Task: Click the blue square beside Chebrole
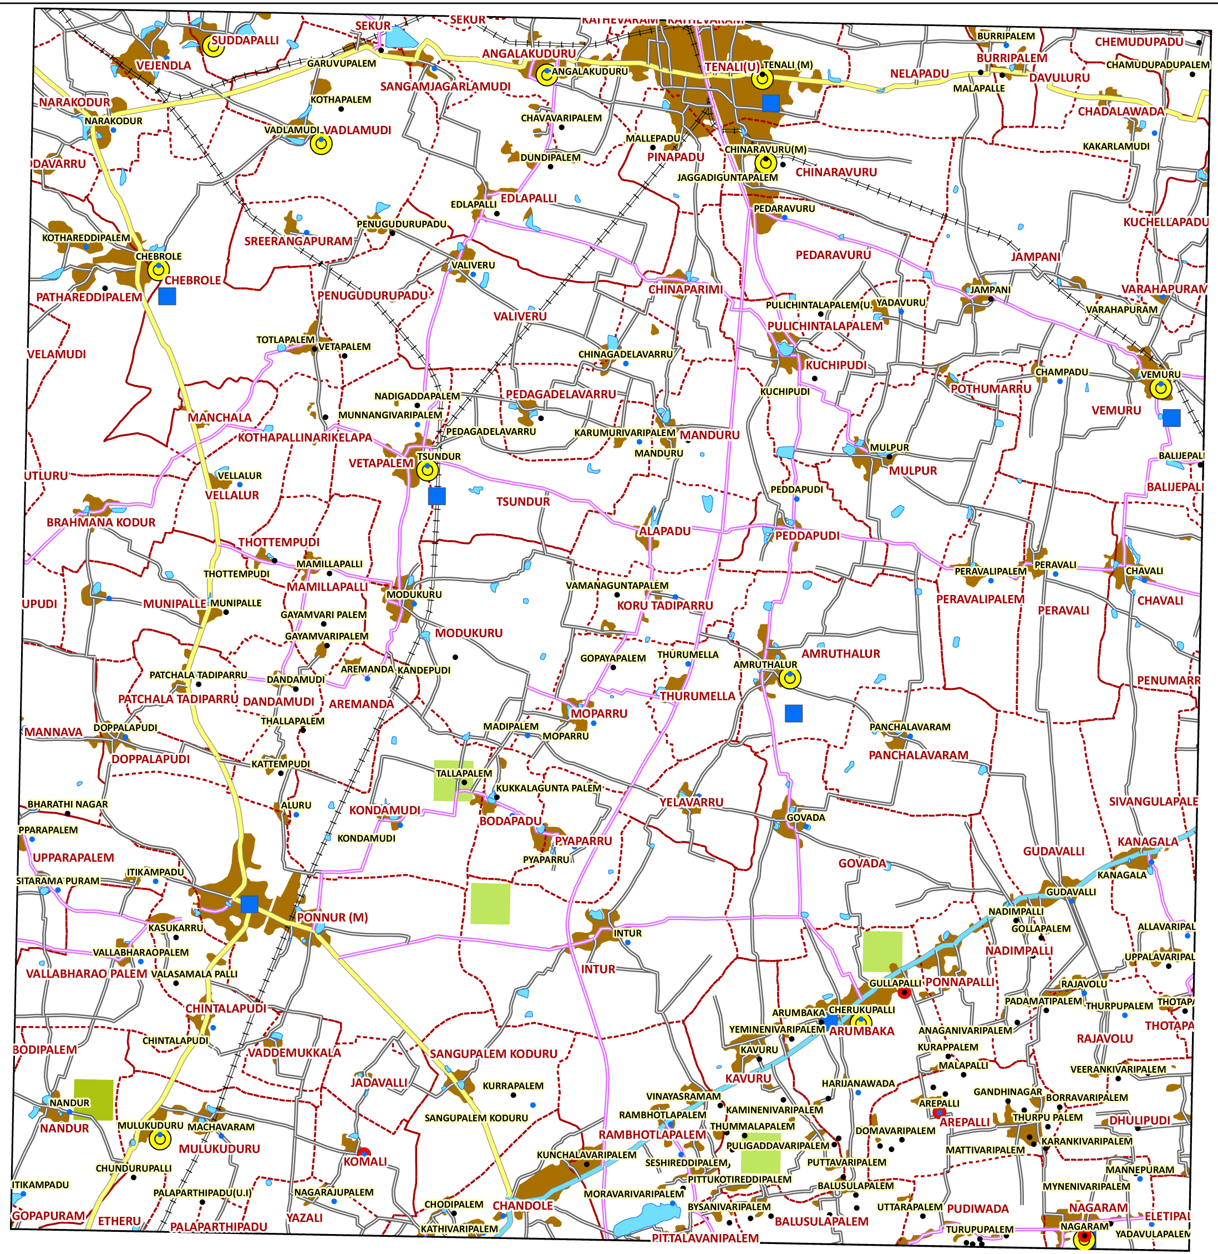coord(167,296)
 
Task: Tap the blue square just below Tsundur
coord(437,496)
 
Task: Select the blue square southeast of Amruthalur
coord(793,713)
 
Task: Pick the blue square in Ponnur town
coord(250,904)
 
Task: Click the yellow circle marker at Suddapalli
coord(213,46)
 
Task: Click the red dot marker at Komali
coord(364,1153)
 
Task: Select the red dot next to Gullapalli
coord(904,992)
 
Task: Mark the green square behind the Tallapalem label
coord(454,780)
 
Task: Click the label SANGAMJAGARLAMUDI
coord(445,87)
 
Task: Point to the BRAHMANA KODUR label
coord(101,522)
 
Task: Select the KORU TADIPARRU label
coord(664,605)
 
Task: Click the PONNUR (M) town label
coord(332,917)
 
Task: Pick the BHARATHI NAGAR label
coord(68,804)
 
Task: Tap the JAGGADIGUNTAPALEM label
coord(727,177)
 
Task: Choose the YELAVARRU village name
coord(692,803)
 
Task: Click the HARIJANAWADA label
coord(858,1083)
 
